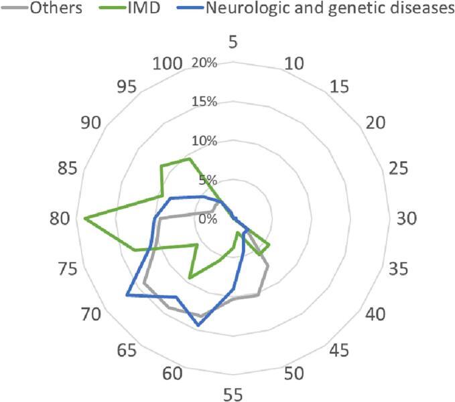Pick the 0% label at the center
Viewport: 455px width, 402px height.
(x=208, y=219)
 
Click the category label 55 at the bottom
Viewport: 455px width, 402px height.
(x=233, y=395)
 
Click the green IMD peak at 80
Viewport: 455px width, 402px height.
(x=84, y=219)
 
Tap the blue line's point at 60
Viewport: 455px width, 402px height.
(x=198, y=326)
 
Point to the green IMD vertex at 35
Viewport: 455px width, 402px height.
(x=269, y=245)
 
